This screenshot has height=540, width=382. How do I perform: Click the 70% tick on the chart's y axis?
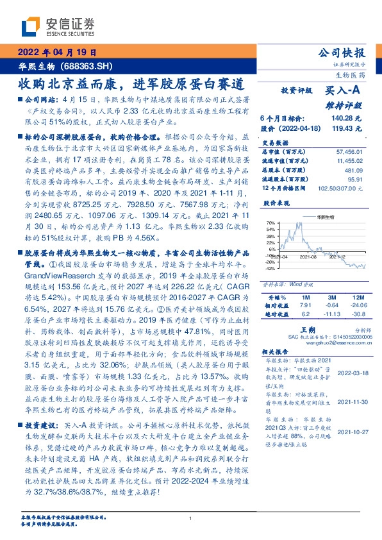click(x=270, y=222)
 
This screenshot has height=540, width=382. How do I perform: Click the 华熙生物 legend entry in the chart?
click(x=325, y=218)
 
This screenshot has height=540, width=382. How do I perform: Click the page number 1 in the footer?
click(x=191, y=518)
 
